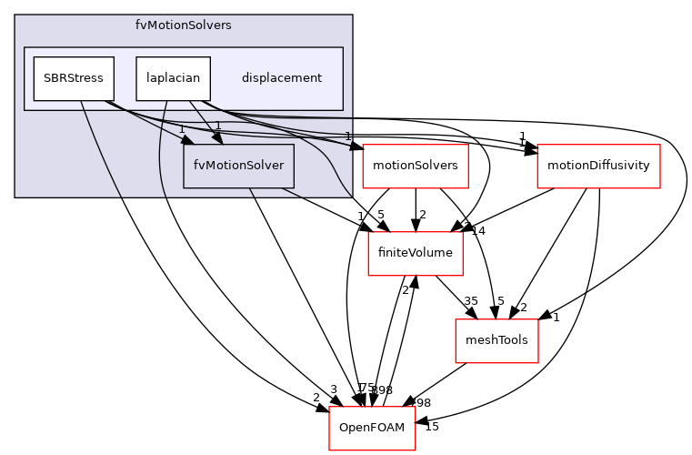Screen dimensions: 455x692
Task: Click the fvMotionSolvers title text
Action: [183, 25]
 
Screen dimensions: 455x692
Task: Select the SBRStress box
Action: [74, 78]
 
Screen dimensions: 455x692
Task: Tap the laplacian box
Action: [173, 78]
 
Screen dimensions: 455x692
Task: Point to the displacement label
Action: [281, 78]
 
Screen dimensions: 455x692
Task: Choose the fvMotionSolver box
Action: [238, 166]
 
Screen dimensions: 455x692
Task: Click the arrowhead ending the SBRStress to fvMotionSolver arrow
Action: [187, 139]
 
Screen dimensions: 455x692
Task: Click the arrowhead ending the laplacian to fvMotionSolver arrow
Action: [217, 138]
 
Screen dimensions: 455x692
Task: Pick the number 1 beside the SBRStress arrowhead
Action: [182, 128]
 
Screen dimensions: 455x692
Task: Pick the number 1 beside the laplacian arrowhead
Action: [218, 126]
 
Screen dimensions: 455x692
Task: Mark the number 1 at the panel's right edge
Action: [347, 136]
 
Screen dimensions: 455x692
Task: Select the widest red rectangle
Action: [598, 167]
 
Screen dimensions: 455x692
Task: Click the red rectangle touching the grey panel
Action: [415, 167]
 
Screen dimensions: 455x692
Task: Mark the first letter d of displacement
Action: [246, 78]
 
